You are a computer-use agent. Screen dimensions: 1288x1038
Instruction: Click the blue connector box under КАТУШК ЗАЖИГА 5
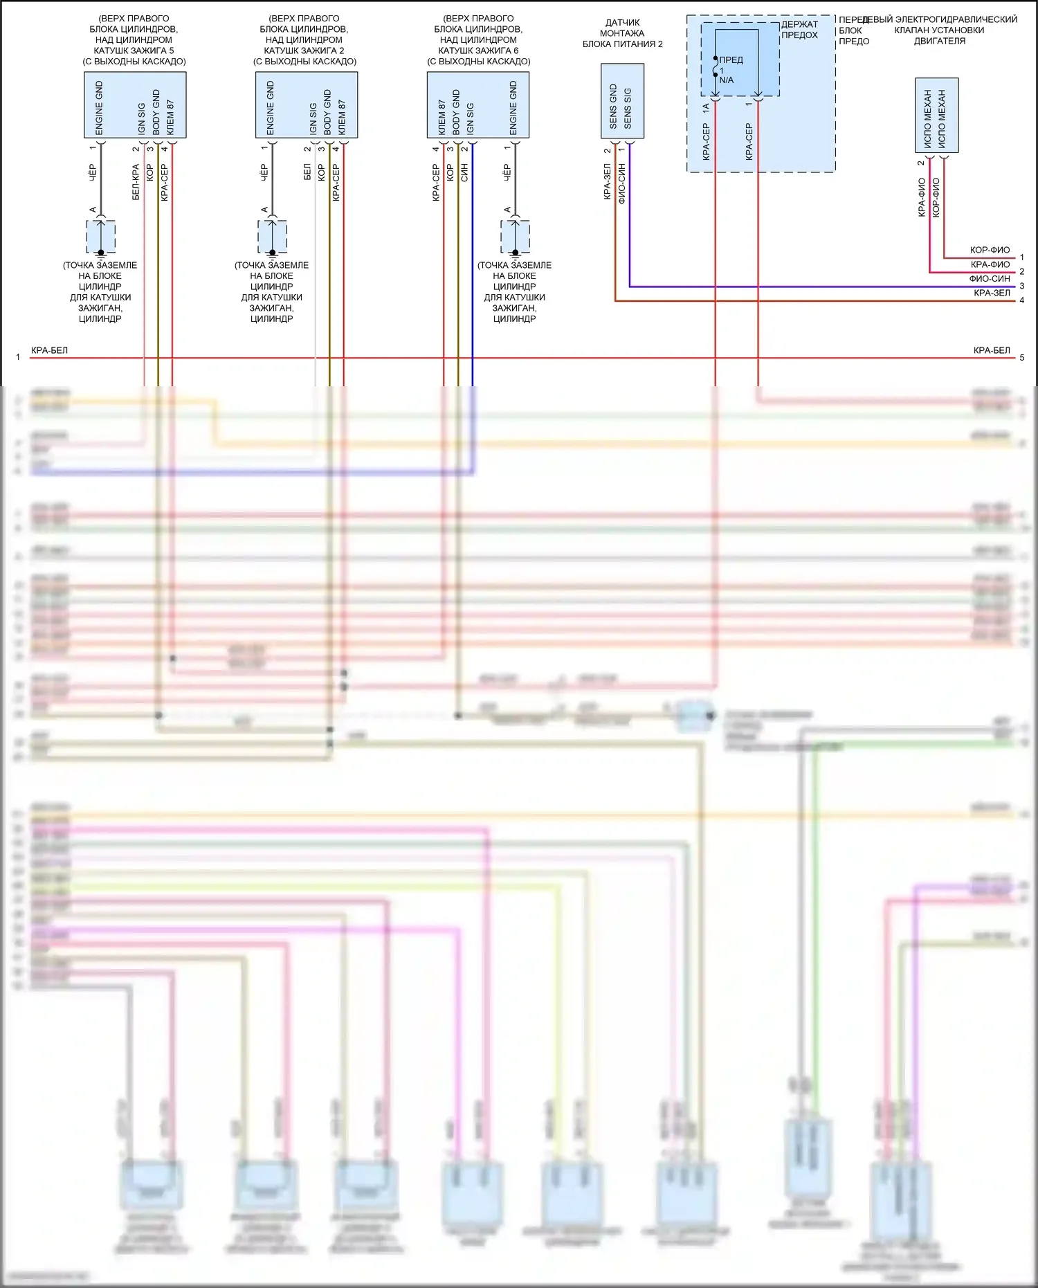click(135, 105)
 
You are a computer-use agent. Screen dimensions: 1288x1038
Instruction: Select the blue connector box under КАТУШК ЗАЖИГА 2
click(307, 105)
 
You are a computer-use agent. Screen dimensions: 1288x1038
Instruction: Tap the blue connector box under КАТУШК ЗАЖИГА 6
click(478, 105)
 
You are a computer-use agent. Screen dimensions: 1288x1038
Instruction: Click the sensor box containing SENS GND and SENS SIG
click(622, 101)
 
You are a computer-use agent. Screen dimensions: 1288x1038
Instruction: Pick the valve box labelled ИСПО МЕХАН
click(936, 115)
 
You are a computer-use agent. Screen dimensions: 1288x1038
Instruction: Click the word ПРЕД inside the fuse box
click(731, 60)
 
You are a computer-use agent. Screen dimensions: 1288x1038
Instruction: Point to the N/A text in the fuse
click(727, 80)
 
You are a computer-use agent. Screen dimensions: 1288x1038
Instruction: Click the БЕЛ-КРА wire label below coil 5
click(136, 182)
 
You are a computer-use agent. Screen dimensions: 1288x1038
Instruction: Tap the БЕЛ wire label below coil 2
click(307, 173)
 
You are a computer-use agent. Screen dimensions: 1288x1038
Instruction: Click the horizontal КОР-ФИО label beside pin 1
click(990, 251)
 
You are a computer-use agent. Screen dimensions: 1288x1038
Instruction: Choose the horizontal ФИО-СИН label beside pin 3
click(990, 279)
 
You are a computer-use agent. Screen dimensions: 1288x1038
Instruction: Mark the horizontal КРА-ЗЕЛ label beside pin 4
click(992, 293)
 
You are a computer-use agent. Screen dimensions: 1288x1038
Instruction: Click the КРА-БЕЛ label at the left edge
click(50, 351)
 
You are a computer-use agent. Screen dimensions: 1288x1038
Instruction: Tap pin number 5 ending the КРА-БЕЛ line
click(1022, 358)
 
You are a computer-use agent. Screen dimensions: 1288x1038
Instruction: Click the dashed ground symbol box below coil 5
click(101, 237)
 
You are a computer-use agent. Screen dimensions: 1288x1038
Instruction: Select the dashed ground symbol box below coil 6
click(515, 237)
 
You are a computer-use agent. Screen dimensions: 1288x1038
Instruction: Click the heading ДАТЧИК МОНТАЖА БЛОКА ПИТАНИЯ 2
click(622, 33)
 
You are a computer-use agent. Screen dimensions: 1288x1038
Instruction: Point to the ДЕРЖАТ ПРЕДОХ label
click(799, 30)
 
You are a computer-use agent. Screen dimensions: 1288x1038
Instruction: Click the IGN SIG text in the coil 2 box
click(313, 118)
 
